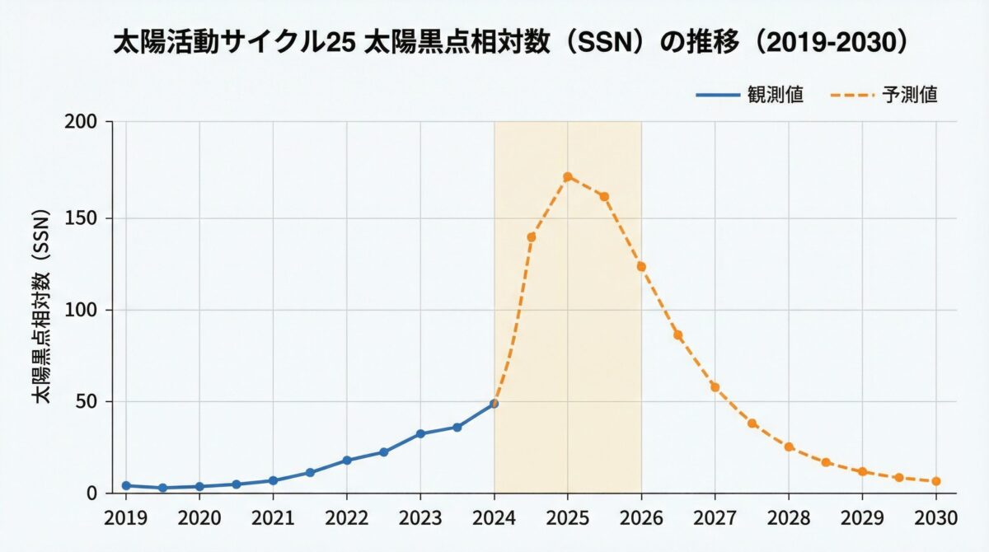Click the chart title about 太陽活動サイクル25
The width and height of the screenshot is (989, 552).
(x=510, y=44)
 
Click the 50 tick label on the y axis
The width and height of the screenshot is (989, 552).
(x=88, y=402)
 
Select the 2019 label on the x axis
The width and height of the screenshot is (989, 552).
(x=125, y=517)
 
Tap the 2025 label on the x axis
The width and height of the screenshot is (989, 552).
(x=567, y=517)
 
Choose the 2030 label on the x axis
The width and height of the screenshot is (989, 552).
(x=935, y=517)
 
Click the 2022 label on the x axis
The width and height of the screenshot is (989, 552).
(x=346, y=517)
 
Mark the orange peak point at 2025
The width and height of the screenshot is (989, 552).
(x=567, y=176)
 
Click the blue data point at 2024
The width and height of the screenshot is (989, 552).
(x=494, y=404)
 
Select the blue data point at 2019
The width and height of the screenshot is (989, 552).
(x=125, y=485)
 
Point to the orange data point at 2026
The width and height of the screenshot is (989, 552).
(x=641, y=266)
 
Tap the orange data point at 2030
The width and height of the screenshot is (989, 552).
(x=935, y=481)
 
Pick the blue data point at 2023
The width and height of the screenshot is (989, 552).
(x=420, y=433)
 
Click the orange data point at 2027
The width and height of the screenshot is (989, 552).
(x=715, y=387)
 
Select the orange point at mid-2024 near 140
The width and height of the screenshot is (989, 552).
(x=531, y=237)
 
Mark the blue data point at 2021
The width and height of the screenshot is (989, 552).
(x=273, y=480)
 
